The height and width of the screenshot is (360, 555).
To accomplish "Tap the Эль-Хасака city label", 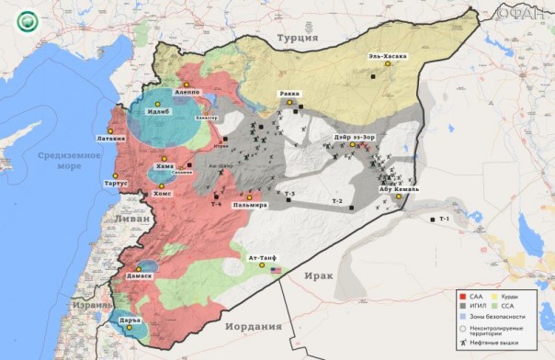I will [387, 56].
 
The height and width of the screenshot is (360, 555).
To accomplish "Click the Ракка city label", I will [291, 94].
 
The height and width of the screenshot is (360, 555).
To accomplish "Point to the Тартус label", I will [117, 183].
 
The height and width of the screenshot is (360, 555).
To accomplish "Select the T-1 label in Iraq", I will [444, 219].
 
